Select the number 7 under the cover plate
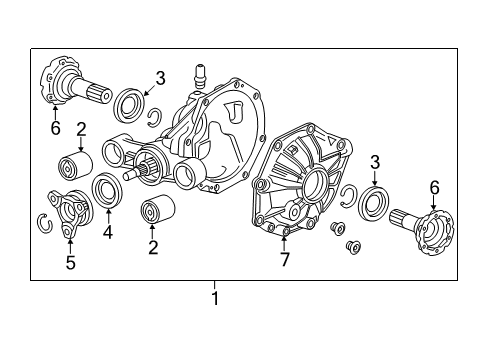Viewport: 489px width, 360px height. point(284,260)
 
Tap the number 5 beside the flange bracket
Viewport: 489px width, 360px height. point(69,264)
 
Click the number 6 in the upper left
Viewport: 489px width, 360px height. point(54,129)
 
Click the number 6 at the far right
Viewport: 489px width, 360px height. point(435,186)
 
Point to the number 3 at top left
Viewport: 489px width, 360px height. point(161,78)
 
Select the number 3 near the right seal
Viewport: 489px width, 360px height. point(374,161)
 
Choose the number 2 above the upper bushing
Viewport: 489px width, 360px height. point(81,128)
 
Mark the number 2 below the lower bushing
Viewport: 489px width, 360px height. point(153,246)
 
